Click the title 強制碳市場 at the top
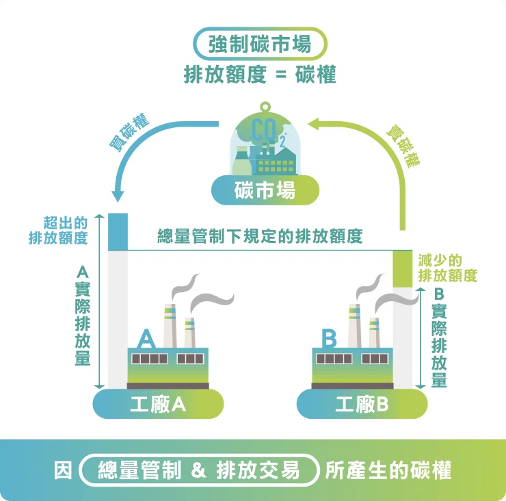[x=260, y=44]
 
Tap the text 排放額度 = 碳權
[x=260, y=75]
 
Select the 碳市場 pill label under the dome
[x=265, y=191]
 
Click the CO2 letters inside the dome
[x=265, y=130]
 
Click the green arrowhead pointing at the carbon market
[x=315, y=124]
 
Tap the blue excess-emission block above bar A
[x=118, y=232]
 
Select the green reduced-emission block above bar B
[x=403, y=269]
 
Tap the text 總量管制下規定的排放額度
[x=260, y=237]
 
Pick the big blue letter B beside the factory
[x=330, y=338]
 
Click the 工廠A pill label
[x=158, y=404]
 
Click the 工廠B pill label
[x=362, y=404]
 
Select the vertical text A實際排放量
[x=83, y=316]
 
